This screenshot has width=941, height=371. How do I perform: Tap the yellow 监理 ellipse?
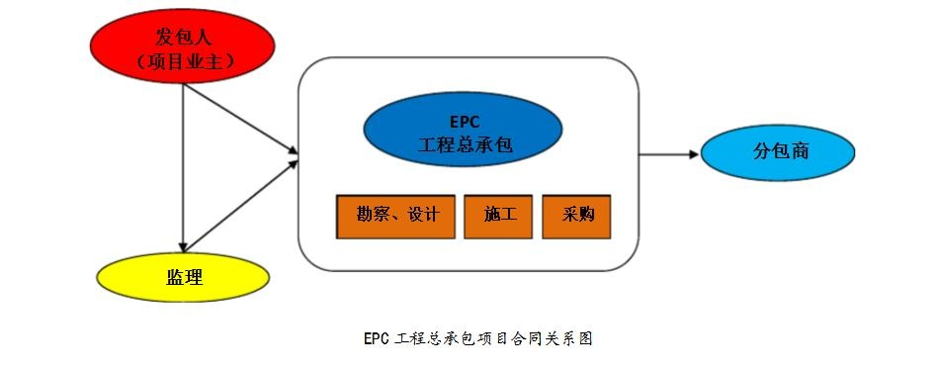point(184,277)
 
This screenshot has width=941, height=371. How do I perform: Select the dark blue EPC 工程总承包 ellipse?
point(463,135)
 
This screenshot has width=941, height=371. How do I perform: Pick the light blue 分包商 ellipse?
point(778,153)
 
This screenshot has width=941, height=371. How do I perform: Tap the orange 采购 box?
point(576,215)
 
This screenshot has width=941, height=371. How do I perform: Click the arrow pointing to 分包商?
point(668,154)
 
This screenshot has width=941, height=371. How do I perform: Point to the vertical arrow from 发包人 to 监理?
point(184,168)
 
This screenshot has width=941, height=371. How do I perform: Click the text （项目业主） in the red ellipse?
point(184,61)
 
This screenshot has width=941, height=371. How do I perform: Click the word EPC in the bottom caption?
point(377,338)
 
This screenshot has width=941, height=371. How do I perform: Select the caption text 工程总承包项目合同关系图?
point(493,338)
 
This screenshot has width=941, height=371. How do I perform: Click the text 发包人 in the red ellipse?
point(184,38)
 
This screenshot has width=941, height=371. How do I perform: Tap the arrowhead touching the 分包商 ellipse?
point(692,154)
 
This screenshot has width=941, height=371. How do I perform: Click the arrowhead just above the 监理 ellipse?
point(184,246)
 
